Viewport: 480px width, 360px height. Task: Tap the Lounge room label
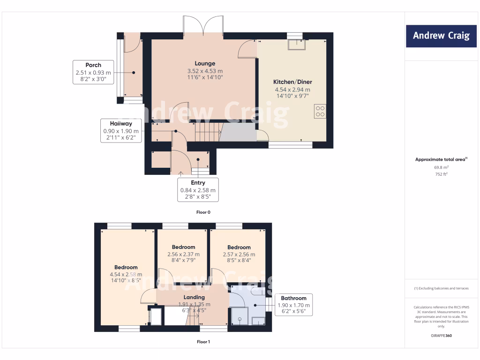(205, 63)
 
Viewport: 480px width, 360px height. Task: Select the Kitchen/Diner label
(292, 82)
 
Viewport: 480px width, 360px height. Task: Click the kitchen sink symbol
(296, 45)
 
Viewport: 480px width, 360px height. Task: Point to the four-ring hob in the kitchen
(321, 111)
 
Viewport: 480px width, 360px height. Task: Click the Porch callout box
(93, 72)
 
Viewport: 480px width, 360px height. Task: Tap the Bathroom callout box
(293, 305)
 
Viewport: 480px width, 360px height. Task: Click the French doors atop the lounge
(203, 26)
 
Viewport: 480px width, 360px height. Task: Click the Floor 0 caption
(203, 212)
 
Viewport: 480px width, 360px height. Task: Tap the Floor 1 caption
(203, 342)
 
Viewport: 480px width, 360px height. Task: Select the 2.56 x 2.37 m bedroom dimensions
(183, 255)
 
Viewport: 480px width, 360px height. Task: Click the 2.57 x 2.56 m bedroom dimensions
(239, 255)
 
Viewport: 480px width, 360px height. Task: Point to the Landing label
(194, 297)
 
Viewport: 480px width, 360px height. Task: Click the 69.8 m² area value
(441, 167)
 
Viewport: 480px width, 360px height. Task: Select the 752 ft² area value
(441, 174)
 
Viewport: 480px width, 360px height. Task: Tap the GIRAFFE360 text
(441, 336)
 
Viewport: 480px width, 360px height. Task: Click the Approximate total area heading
(441, 159)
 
